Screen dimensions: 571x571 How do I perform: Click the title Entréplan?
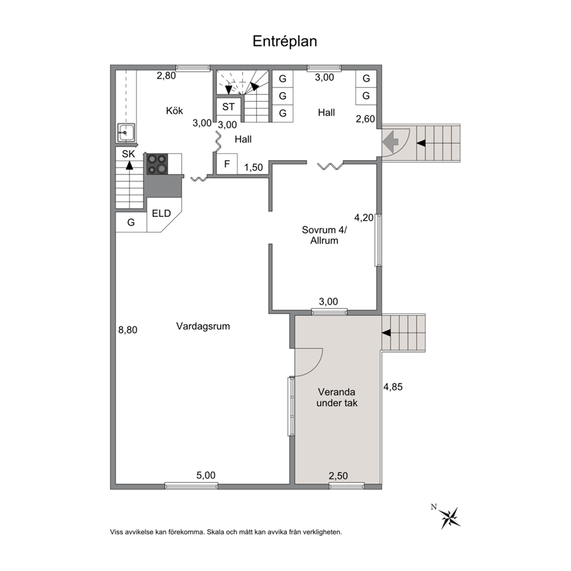coord(285,41)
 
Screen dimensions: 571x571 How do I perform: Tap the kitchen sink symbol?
coord(127,132)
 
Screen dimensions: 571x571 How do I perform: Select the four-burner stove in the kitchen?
coord(157,164)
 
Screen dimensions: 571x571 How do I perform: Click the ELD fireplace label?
coord(161,214)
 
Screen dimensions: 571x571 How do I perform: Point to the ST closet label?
coord(229,107)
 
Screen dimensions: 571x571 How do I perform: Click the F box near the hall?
coord(227,164)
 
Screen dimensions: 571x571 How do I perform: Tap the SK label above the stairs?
coord(128,154)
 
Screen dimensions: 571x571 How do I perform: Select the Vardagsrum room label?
coord(203,326)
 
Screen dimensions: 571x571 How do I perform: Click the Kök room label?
coord(174,111)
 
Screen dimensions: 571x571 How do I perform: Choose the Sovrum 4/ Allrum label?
coord(325,235)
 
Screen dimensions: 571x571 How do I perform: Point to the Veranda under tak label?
coord(337,398)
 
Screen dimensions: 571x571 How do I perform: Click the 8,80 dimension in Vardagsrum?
coord(128,330)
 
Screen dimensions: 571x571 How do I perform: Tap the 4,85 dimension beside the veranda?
coord(393,387)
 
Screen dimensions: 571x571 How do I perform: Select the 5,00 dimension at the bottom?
coord(206,475)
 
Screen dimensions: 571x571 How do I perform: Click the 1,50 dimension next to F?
coord(253,168)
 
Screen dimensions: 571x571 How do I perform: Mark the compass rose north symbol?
coord(450,517)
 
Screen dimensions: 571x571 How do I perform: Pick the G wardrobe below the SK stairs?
coord(131,222)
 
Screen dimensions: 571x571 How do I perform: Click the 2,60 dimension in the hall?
coord(366,119)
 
